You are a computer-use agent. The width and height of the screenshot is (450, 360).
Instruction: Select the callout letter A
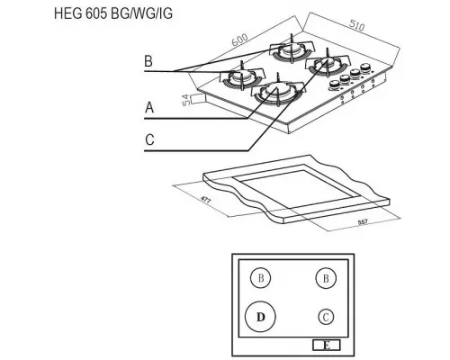(x=149, y=108)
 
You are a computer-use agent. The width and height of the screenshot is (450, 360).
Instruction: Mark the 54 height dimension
(x=186, y=101)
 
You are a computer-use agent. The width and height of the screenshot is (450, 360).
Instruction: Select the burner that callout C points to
(x=327, y=66)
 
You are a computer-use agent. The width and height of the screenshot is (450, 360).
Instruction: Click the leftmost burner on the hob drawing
(x=241, y=77)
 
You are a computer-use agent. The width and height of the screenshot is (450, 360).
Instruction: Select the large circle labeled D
(x=260, y=317)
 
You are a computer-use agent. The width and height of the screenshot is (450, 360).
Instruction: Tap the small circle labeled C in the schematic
(x=326, y=316)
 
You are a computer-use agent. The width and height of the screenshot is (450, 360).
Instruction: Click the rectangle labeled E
(x=326, y=344)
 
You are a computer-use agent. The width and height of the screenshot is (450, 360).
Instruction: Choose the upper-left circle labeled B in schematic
(x=260, y=277)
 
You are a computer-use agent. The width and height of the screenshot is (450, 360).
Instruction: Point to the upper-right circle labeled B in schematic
(x=326, y=277)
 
